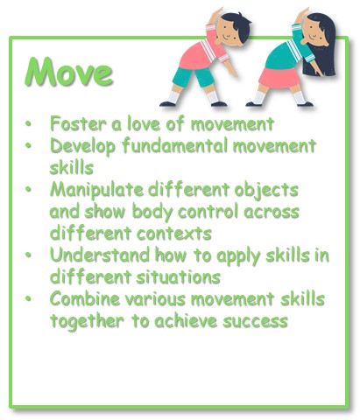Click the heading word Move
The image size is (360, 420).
pyautogui.click(x=69, y=72)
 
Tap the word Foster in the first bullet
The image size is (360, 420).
pyautogui.click(x=78, y=123)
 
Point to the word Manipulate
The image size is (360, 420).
pyautogui.click(x=96, y=190)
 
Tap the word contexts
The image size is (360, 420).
pyautogui.click(x=174, y=234)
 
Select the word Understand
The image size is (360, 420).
pyautogui.click(x=100, y=255)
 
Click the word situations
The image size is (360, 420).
pyautogui.click(x=179, y=277)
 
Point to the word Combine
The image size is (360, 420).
pyautogui.click(x=85, y=299)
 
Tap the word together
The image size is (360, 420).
pyautogui.click(x=87, y=321)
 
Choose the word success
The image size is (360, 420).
pyautogui.click(x=256, y=321)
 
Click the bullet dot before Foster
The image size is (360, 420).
pyautogui.click(x=28, y=123)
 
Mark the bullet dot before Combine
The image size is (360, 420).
pyautogui.click(x=28, y=299)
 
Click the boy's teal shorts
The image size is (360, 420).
pyautogui.click(x=194, y=77)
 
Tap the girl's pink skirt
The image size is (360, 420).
pyautogui.click(x=279, y=77)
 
